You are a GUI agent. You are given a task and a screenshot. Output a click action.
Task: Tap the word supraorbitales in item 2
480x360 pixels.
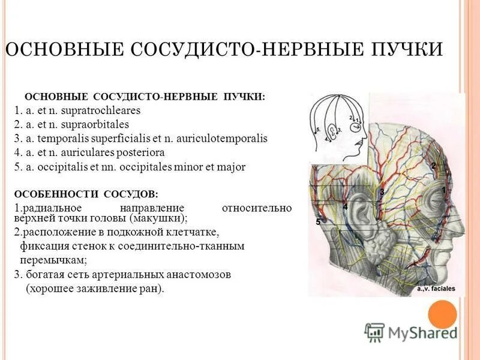(98, 125)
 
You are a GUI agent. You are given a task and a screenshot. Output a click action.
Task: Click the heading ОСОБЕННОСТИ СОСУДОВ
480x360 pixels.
(86, 194)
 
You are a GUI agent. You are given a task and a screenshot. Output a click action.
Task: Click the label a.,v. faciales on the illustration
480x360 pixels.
(436, 289)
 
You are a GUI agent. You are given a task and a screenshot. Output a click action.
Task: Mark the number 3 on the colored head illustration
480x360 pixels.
(382, 192)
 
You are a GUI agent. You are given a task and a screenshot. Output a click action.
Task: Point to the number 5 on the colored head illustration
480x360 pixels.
(318, 221)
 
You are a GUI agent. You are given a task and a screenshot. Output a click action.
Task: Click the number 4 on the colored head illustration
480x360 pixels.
(345, 206)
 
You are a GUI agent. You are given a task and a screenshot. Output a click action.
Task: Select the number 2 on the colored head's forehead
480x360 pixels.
(433, 166)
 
